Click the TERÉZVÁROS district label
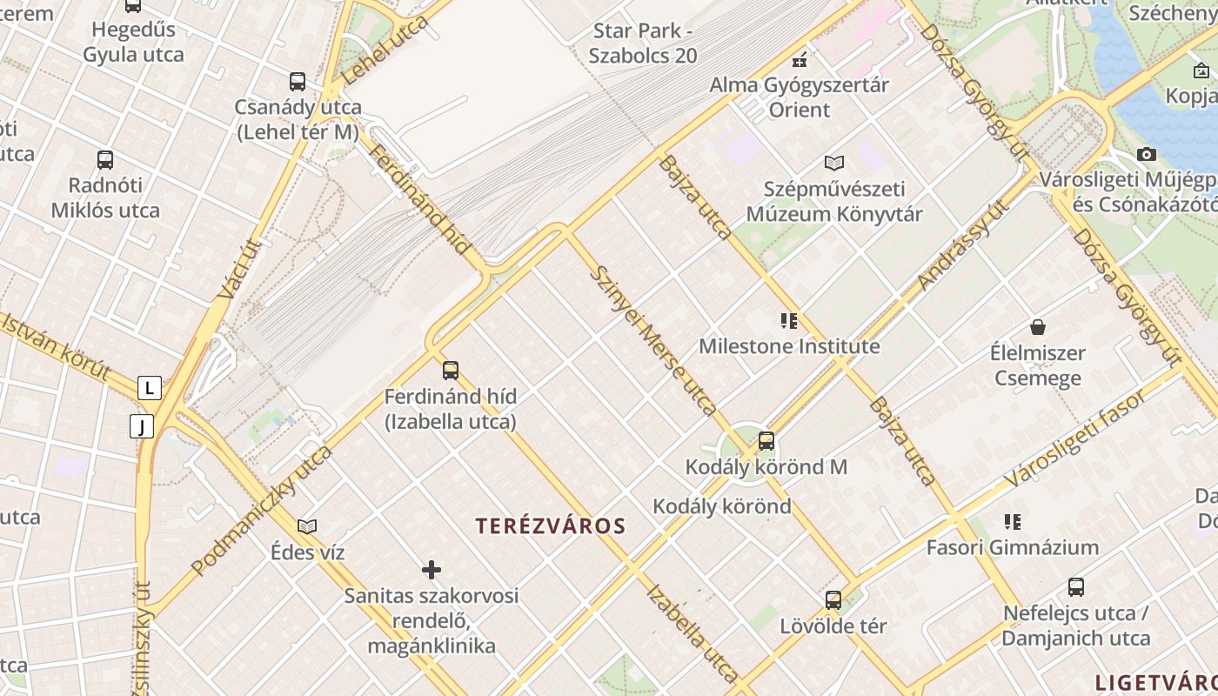(x=551, y=525)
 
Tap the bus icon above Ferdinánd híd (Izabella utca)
(x=451, y=371)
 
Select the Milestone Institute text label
(x=789, y=346)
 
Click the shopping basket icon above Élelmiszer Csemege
(x=1037, y=327)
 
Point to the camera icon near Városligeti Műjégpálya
(x=1147, y=155)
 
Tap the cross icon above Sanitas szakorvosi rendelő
(x=432, y=570)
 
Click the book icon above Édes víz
(x=307, y=526)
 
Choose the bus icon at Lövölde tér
(x=833, y=600)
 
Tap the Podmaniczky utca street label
(x=261, y=510)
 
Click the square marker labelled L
(x=150, y=388)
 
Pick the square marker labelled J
(x=141, y=426)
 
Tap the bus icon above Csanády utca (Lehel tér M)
(x=298, y=83)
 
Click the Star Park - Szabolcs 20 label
(x=643, y=43)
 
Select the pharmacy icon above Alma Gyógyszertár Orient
(x=800, y=60)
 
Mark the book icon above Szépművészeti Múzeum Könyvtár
(x=834, y=163)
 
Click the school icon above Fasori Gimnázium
(x=1012, y=522)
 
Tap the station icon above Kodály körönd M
(x=766, y=441)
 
